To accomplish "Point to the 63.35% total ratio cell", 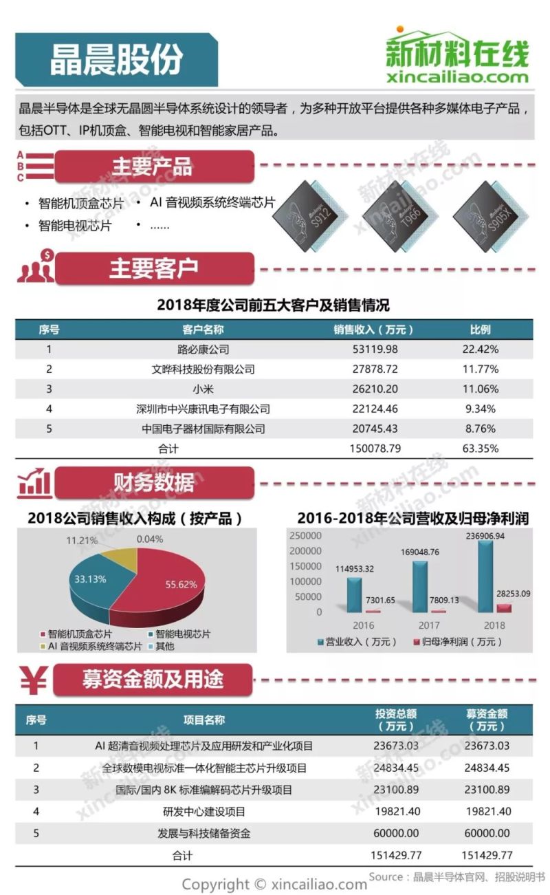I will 480,449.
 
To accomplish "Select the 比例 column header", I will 480,330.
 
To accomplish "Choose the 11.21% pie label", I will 82,541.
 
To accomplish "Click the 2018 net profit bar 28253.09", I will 504,608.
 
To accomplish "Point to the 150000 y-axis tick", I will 305,566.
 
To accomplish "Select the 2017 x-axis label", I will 428,625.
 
